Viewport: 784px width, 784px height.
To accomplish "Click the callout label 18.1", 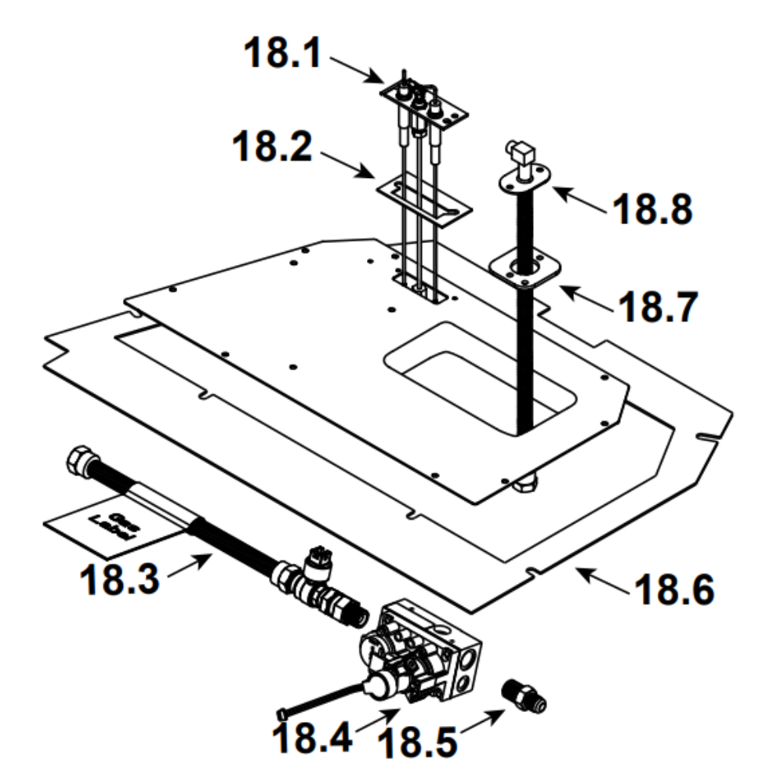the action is (x=283, y=53).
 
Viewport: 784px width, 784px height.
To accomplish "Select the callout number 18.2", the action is (x=273, y=146).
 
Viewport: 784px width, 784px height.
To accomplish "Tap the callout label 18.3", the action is (x=119, y=579).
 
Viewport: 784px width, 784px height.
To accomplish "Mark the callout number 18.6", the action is (x=674, y=590).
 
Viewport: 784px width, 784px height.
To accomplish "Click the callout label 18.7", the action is (x=658, y=307).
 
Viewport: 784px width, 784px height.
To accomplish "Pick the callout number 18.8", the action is (x=652, y=209).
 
